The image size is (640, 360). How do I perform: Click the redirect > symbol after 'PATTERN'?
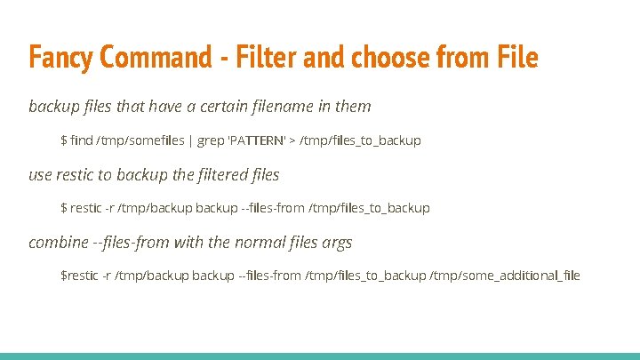click(x=294, y=140)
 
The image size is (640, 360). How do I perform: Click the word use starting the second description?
click(x=41, y=174)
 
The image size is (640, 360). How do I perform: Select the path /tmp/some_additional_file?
click(x=505, y=276)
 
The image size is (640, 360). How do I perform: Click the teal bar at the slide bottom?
click(x=320, y=356)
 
